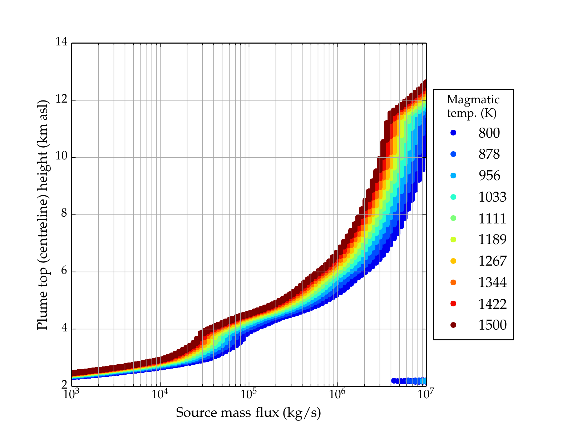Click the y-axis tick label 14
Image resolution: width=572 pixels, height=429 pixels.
click(x=61, y=42)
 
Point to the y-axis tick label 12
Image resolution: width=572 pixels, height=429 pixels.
click(x=61, y=100)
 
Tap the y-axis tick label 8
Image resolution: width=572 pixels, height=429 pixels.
click(x=64, y=214)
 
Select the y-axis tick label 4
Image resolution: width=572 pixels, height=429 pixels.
click(x=64, y=328)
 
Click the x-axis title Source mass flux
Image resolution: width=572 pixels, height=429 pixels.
click(x=248, y=413)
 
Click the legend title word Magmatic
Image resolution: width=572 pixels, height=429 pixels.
click(x=473, y=99)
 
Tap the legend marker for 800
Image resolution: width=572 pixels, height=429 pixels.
click(x=453, y=133)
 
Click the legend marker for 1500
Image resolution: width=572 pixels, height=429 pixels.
click(x=453, y=325)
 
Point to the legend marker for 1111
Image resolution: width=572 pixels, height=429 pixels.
click(x=453, y=218)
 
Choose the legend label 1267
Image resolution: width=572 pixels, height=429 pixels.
click(x=492, y=261)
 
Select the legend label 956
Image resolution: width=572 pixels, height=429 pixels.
click(x=489, y=176)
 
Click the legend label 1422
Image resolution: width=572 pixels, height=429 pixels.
click(x=492, y=304)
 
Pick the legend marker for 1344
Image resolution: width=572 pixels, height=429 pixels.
click(x=453, y=282)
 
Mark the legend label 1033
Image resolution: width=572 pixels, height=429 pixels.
click(x=492, y=197)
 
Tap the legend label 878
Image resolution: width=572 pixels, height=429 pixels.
click(x=489, y=154)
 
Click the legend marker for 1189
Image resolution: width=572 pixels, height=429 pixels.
click(x=453, y=240)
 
